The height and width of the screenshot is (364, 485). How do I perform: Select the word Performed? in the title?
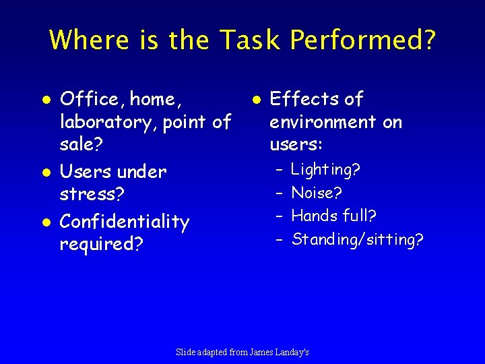[x=363, y=40]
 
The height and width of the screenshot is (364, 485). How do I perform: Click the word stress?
[x=91, y=195]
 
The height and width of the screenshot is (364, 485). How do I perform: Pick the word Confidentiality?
[x=125, y=222]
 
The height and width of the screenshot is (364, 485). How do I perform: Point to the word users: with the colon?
[x=296, y=145]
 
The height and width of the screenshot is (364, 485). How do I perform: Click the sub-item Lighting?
[x=326, y=170]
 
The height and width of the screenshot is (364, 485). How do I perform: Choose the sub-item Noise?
[x=317, y=193]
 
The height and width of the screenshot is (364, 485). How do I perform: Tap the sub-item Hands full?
[x=333, y=216]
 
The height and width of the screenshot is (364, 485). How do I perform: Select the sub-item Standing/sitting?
[x=358, y=239]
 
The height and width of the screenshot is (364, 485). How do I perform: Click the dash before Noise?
[x=278, y=193]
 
